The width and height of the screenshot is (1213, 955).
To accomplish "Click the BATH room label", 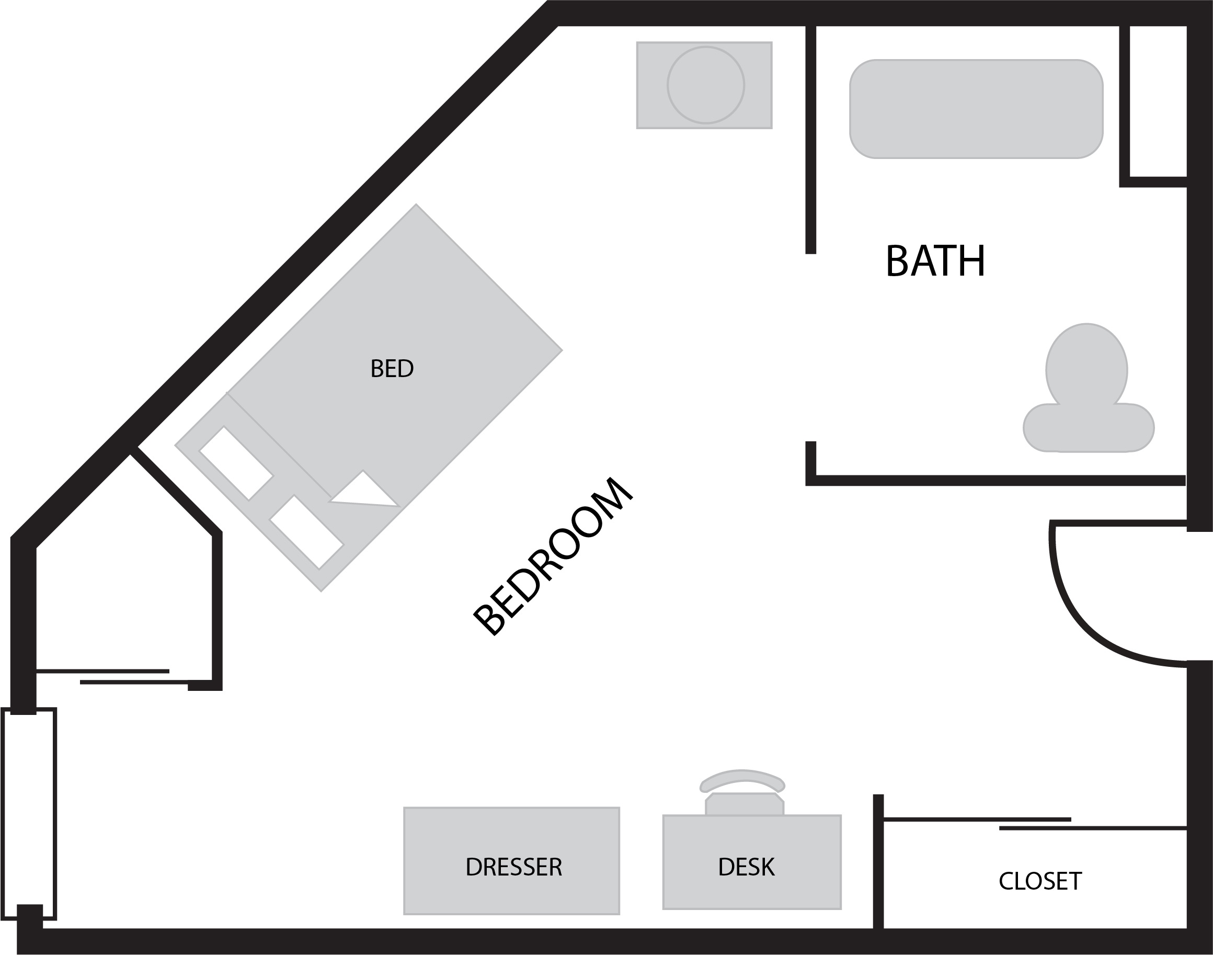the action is click(x=935, y=260).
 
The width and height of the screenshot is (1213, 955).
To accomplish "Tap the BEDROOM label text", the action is click(x=553, y=556).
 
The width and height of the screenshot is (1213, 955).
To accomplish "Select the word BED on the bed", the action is click(x=392, y=369).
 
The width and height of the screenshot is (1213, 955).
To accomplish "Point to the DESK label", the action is click(x=746, y=867).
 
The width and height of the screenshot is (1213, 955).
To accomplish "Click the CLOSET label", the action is click(x=1040, y=881).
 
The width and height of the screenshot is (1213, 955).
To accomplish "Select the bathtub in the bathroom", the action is click(x=976, y=109).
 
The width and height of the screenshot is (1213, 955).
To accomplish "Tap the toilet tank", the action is click(x=1089, y=428).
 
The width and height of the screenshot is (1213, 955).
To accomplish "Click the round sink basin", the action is click(x=706, y=85).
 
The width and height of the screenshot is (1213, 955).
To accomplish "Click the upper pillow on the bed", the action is click(x=236, y=463).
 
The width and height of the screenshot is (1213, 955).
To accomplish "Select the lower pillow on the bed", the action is click(x=306, y=532).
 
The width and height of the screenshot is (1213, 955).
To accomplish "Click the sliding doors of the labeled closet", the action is click(x=1035, y=824).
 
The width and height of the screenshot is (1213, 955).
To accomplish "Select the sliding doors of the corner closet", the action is click(x=112, y=677).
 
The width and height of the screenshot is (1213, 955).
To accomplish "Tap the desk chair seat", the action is click(x=745, y=803).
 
